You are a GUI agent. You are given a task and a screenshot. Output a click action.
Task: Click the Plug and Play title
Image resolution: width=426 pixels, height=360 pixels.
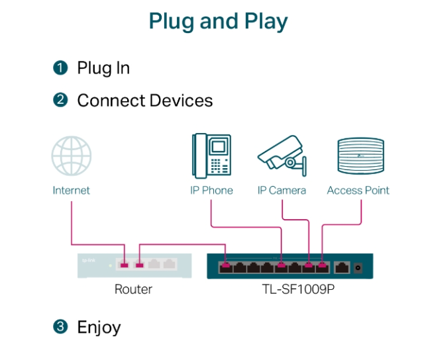point(218,21)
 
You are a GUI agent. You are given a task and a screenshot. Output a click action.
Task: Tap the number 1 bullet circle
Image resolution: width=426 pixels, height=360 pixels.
point(61,67)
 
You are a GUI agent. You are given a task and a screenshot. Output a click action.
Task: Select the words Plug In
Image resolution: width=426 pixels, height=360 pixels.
point(103,67)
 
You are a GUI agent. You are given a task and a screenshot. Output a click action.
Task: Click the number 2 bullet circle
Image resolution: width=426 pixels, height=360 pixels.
point(61,101)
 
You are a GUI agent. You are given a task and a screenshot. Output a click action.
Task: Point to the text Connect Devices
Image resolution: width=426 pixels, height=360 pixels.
point(145,101)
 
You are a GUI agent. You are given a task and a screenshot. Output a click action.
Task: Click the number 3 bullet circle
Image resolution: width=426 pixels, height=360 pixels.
point(61,326)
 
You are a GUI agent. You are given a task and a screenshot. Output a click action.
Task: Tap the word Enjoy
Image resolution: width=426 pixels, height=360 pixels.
point(99,327)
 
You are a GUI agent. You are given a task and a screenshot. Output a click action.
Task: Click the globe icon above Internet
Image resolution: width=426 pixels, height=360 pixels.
point(71,157)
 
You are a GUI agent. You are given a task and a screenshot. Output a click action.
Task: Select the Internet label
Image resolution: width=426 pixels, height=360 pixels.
point(71,191)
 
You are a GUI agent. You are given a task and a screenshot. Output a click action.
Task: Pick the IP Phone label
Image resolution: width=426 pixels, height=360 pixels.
point(211,191)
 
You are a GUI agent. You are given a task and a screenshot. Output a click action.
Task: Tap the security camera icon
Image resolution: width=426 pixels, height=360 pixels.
point(282,156)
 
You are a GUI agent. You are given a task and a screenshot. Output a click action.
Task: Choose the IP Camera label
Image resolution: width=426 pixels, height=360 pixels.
point(282,191)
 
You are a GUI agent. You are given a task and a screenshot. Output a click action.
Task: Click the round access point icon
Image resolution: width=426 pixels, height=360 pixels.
point(361,156)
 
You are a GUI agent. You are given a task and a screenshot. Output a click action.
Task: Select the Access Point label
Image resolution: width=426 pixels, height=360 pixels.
point(358,191)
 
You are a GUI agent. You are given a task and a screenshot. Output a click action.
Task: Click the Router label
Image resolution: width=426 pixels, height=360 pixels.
point(133,289)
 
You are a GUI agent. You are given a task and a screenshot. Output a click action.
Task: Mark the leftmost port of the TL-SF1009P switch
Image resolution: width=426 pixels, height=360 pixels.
point(226,267)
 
